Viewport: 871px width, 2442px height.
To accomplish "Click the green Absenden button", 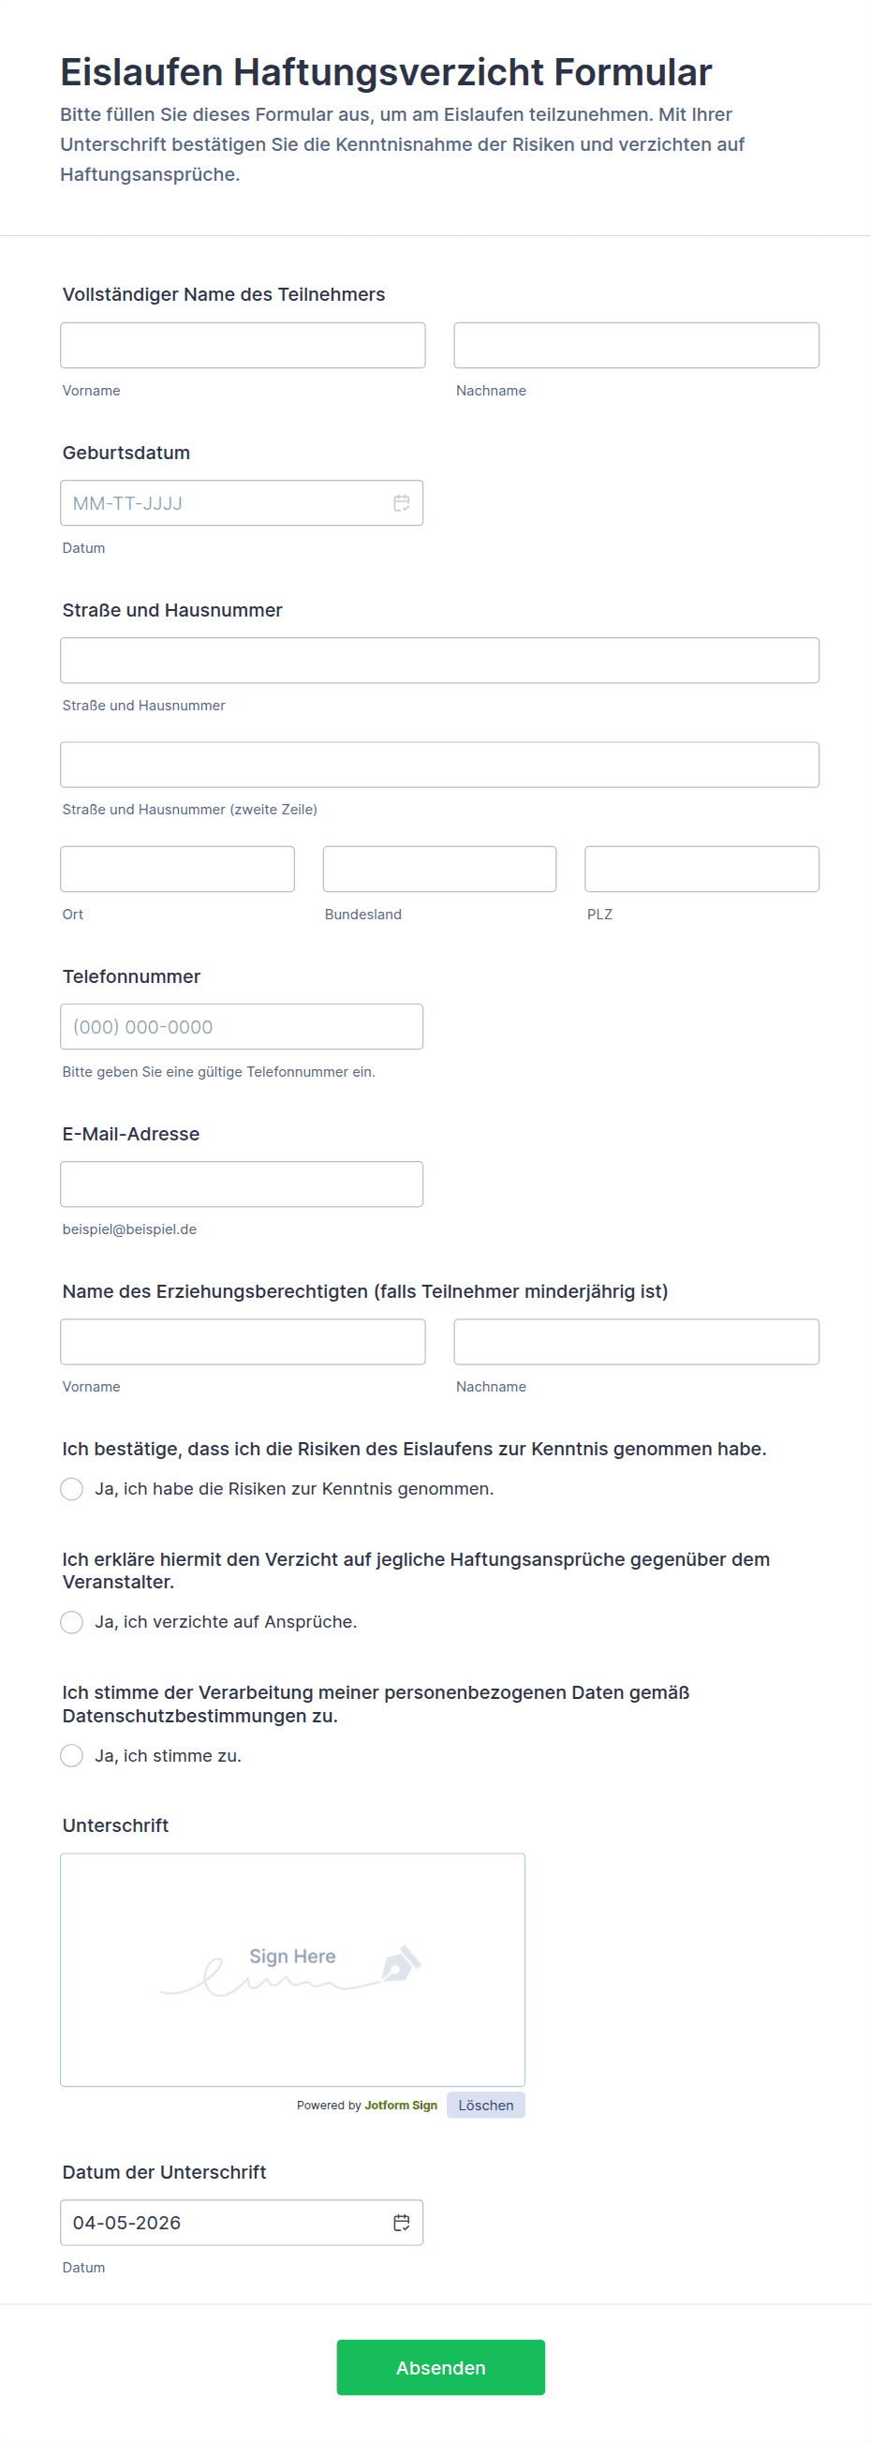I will pyautogui.click(x=440, y=2367).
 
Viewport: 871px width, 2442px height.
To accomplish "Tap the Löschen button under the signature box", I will pyautogui.click(x=485, y=2105).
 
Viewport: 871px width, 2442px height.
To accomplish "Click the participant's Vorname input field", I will pyautogui.click(x=243, y=345).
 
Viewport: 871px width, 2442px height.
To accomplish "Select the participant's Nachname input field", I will pyautogui.click(x=636, y=345).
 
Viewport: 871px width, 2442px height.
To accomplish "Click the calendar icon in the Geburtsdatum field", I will pyautogui.click(x=402, y=503).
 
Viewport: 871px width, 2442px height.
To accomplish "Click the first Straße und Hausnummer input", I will pyautogui.click(x=439, y=660).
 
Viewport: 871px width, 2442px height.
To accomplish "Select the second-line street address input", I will pyautogui.click(x=439, y=764).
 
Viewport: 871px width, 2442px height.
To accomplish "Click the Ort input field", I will pyautogui.click(x=177, y=869).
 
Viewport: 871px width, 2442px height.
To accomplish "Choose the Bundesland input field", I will pyautogui.click(x=439, y=869).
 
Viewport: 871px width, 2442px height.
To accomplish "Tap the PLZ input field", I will pyautogui.click(x=701, y=869).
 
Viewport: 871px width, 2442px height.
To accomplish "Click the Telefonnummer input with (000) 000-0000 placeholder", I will pyautogui.click(x=242, y=1027).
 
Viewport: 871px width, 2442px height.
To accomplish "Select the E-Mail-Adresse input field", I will pyautogui.click(x=242, y=1184).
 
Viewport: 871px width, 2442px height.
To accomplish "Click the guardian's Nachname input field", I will pyautogui.click(x=636, y=1341).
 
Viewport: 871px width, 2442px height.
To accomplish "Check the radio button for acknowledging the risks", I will pyautogui.click(x=72, y=1489).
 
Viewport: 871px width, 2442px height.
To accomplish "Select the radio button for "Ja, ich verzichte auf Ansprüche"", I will pyautogui.click(x=72, y=1622).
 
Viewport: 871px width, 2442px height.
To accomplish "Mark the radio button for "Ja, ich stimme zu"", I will pyautogui.click(x=72, y=1756).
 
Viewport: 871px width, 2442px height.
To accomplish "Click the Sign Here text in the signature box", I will pyautogui.click(x=292, y=1956).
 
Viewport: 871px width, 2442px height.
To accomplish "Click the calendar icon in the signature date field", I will pyautogui.click(x=402, y=2222).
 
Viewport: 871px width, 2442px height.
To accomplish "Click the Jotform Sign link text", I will pyautogui.click(x=401, y=2105).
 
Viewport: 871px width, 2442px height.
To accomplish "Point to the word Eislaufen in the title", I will pyautogui.click(x=141, y=72).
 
